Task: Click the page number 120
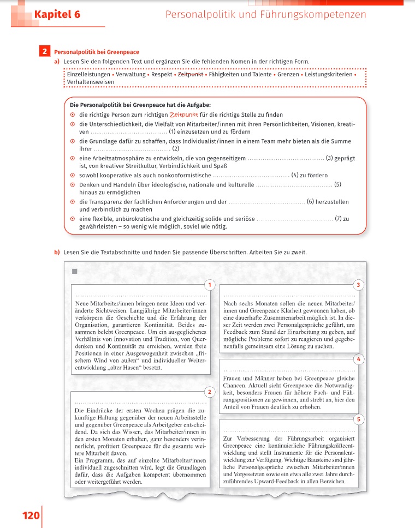[31, 515]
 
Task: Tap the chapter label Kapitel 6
[57, 15]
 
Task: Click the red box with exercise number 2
[44, 52]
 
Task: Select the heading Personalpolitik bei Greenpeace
[96, 52]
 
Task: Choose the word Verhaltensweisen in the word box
[91, 82]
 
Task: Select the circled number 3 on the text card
[358, 285]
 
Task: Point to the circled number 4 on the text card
[358, 359]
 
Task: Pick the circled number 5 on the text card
[358, 419]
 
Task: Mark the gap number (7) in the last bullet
[295, 219]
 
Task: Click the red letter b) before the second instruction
[56, 252]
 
